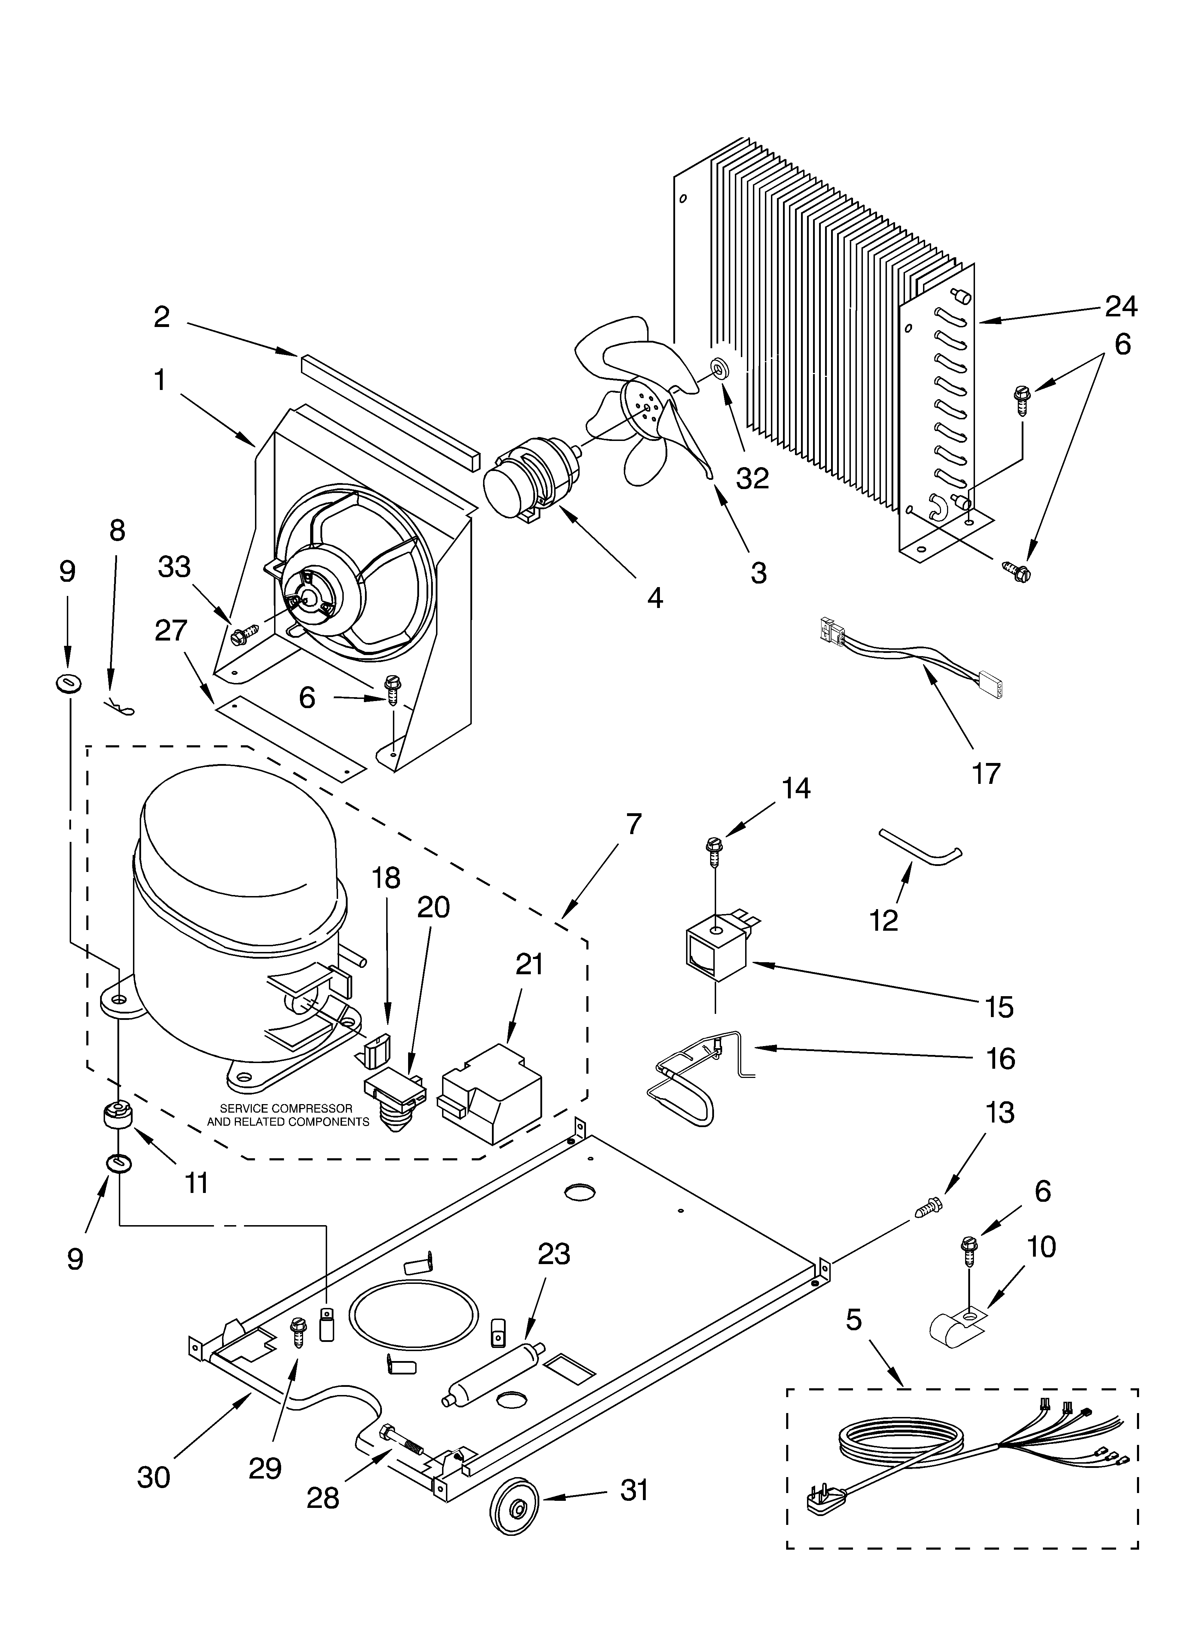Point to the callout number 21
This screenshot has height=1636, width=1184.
tap(529, 964)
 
